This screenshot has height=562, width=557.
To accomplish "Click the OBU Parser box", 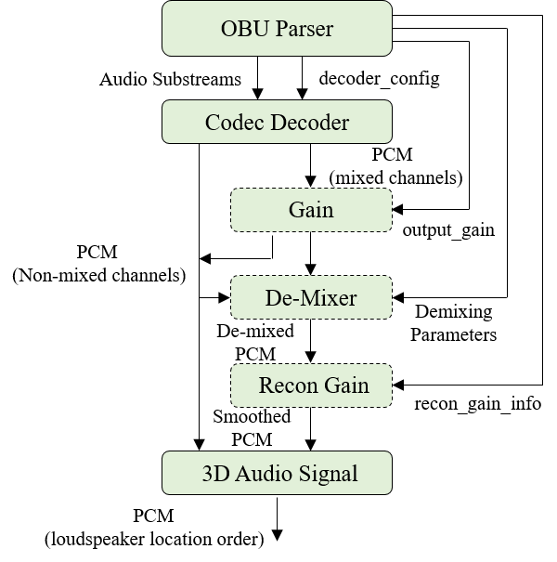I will (x=277, y=29).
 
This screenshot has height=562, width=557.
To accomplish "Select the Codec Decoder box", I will (x=277, y=123).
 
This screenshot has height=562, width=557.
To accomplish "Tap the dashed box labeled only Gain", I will (x=311, y=210).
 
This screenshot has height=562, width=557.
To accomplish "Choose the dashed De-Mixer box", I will (x=311, y=297).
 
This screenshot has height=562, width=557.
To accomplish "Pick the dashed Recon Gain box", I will (x=311, y=386).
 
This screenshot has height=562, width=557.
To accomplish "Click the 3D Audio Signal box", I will (x=277, y=473).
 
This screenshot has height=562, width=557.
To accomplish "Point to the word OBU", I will (x=240, y=29).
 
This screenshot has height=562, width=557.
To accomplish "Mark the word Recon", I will (x=285, y=386).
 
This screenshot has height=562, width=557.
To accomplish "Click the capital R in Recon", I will (x=266, y=386).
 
